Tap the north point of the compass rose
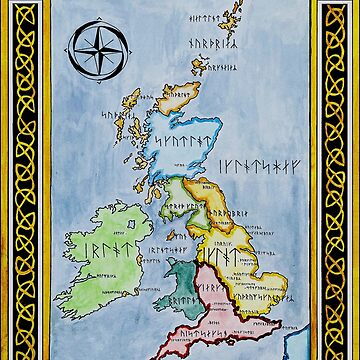click(97, 25)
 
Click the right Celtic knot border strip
click(338, 180)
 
